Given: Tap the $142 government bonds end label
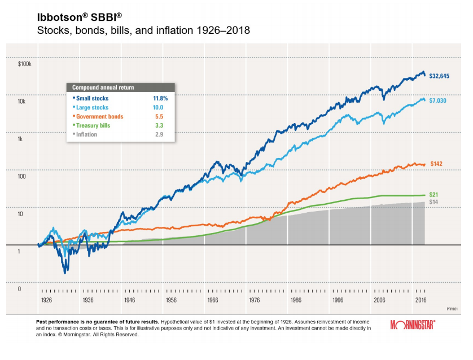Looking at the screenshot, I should (x=436, y=164).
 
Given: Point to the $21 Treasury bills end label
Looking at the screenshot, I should (x=434, y=194).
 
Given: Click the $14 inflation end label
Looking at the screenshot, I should (x=434, y=201).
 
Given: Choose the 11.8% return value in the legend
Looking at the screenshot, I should (x=160, y=98).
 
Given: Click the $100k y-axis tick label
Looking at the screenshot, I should (x=25, y=64).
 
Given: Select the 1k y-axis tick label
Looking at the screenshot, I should (x=21, y=139).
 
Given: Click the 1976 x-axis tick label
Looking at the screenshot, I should (x=254, y=301).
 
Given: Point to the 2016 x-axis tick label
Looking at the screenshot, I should (x=421, y=301).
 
